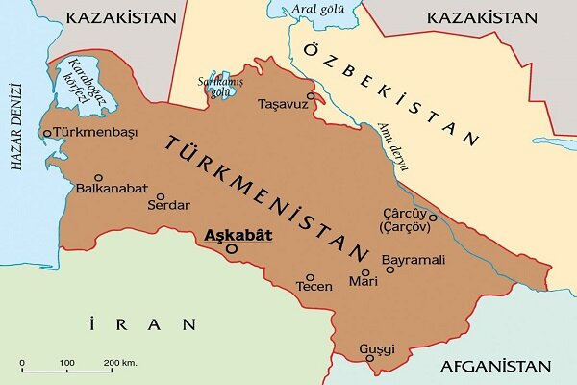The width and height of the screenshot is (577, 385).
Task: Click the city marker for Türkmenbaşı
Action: tap(47, 133)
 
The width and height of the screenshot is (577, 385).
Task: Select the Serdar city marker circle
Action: tap(151, 192)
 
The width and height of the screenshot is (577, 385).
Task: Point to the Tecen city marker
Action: tap(311, 274)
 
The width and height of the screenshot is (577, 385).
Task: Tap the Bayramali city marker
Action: tap(390, 269)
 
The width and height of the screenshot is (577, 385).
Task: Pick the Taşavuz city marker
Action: tap(311, 96)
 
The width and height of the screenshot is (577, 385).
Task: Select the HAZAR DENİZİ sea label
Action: tap(15, 135)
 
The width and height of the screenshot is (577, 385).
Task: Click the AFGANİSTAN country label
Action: tap(495, 367)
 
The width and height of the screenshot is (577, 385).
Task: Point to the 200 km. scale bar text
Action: tap(123, 361)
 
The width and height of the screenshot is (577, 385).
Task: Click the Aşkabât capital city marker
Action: tap(231, 248)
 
